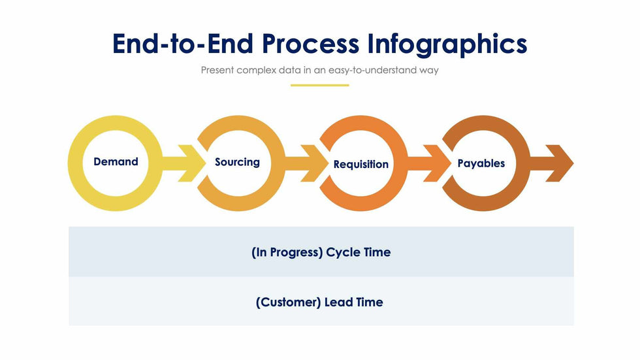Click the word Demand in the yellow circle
click(116, 161)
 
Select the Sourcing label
click(237, 162)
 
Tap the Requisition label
click(360, 164)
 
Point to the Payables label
click(481, 163)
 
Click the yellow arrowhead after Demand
click(191, 163)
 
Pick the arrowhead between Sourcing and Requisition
click(314, 163)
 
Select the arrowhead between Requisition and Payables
click(437, 163)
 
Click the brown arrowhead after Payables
click(560, 163)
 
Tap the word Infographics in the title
click(447, 44)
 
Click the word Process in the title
click(311, 44)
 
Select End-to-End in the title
click(183, 44)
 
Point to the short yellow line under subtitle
click(319, 86)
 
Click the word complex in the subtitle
click(256, 70)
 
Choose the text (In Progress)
click(287, 252)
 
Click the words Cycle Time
click(359, 252)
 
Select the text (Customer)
click(288, 303)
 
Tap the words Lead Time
click(354, 303)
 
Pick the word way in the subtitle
click(429, 71)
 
